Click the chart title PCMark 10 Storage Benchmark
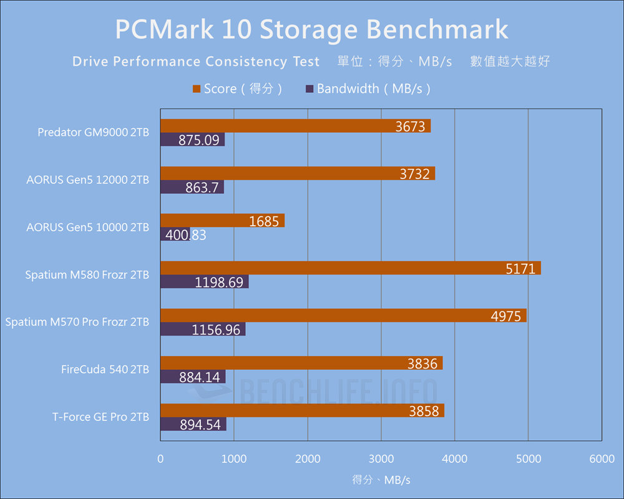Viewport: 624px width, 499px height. tap(311, 29)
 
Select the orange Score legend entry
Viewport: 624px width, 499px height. tap(238, 89)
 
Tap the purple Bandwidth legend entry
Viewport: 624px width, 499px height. tap(368, 89)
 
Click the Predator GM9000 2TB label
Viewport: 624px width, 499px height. tap(93, 132)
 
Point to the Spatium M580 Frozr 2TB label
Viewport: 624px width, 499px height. tap(87, 274)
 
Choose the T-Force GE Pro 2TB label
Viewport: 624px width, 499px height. tap(100, 417)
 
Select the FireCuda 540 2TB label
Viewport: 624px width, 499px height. tap(105, 369)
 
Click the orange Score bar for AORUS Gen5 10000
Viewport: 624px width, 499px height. tap(222, 220)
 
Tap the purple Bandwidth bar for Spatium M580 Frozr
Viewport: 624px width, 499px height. tap(204, 282)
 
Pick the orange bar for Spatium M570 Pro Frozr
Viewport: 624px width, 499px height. tap(343, 315)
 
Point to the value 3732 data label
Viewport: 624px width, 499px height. tap(415, 174)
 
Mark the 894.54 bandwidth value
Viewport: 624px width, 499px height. tap(200, 425)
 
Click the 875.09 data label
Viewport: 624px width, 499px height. tap(199, 140)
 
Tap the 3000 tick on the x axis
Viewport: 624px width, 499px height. tap(381, 459)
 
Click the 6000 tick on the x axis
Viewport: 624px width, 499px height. tap(602, 459)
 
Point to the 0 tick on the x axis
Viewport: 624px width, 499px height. tap(161, 459)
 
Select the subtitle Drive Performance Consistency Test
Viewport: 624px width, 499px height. tap(196, 62)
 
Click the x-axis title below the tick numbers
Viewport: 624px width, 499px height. tap(381, 480)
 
